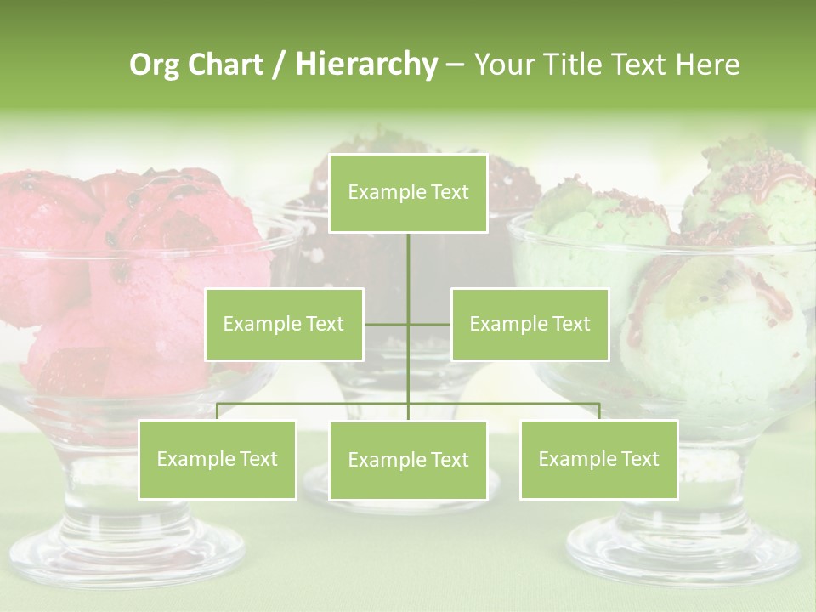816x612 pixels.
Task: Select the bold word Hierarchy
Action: (365, 65)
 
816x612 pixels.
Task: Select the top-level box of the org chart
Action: (408, 193)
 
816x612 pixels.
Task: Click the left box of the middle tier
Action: (284, 324)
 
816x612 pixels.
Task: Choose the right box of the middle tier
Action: (530, 324)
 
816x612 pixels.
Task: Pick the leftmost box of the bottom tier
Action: (217, 459)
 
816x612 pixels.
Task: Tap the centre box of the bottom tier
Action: (408, 460)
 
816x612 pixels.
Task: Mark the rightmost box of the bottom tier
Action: (598, 459)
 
